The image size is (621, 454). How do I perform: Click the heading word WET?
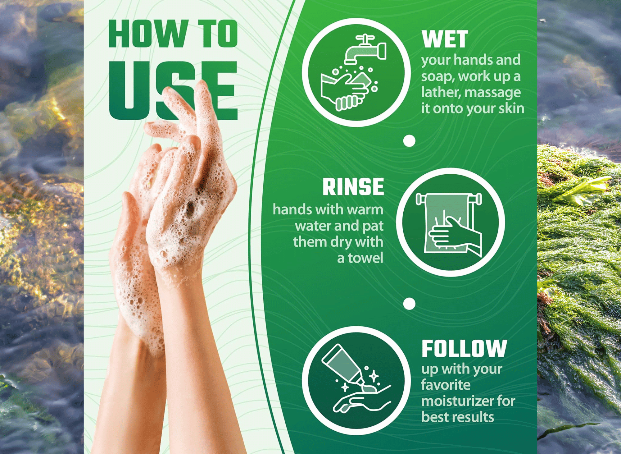(x=445, y=39)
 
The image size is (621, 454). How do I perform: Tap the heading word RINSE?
(x=353, y=187)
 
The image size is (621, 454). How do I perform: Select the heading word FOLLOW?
(x=464, y=348)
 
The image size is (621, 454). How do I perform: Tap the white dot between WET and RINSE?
(x=409, y=141)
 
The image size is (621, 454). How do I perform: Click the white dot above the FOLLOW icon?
(x=409, y=304)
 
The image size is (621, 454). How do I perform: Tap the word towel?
(x=365, y=258)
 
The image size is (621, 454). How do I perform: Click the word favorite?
(x=446, y=385)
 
